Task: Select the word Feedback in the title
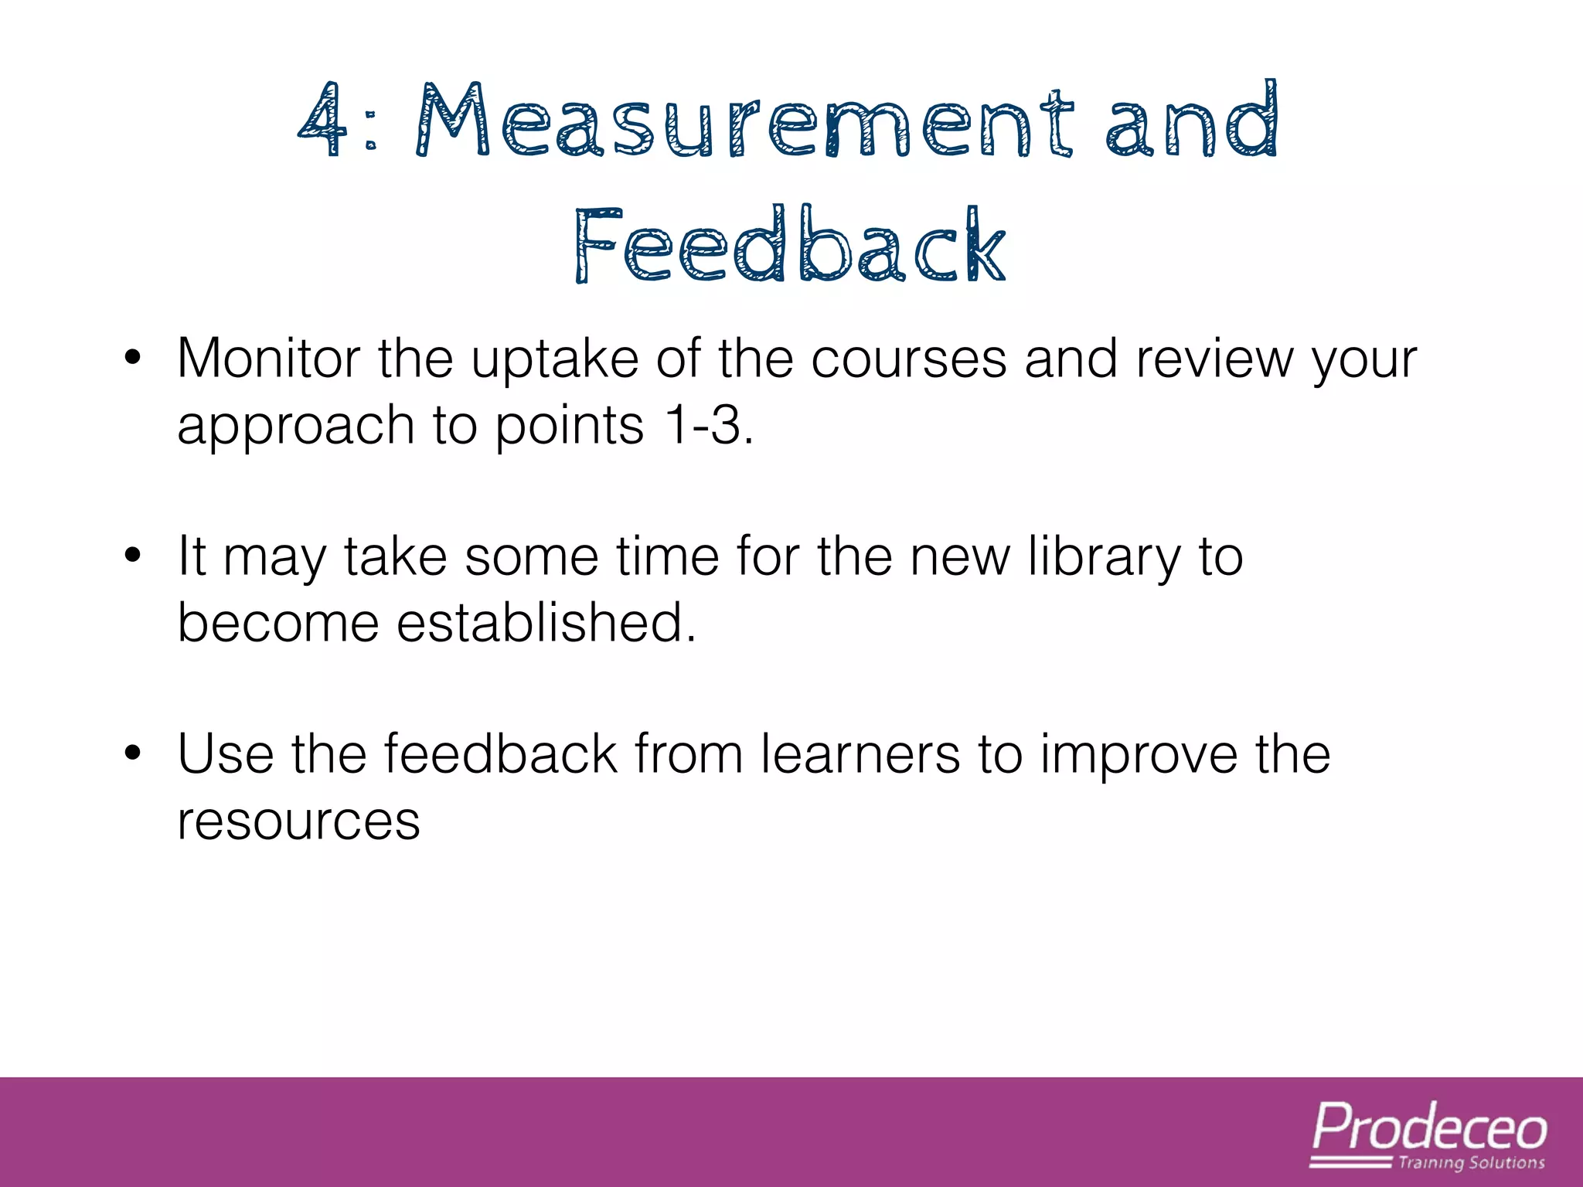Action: point(790,245)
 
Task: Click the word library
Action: point(1105,558)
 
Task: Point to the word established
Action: point(546,622)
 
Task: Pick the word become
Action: point(278,624)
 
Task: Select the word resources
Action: point(298,821)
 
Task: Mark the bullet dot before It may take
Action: point(133,556)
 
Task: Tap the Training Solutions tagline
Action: point(1471,1163)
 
